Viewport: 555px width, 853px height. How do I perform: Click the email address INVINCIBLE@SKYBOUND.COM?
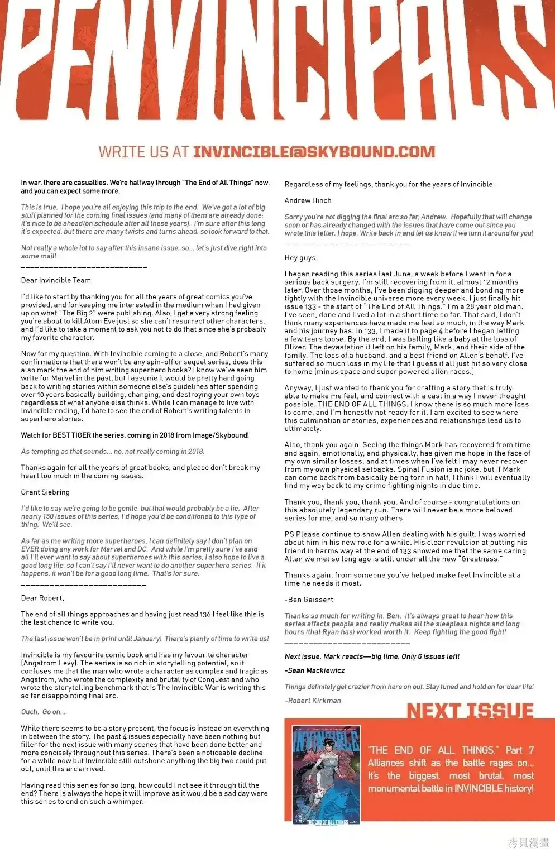pyautogui.click(x=314, y=152)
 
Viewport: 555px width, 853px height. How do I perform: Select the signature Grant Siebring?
pyautogui.click(x=45, y=492)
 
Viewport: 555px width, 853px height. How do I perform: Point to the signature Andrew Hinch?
pyautogui.click(x=308, y=200)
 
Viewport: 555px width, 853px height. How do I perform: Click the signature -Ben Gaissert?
pyautogui.click(x=309, y=600)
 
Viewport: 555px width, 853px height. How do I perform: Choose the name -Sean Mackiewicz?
pyautogui.click(x=314, y=670)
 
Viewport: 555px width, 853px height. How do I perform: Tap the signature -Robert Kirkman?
pyautogui.click(x=313, y=701)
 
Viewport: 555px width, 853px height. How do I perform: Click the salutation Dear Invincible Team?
pyautogui.click(x=56, y=280)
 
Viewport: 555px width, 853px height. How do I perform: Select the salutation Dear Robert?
pyautogui.click(x=42, y=598)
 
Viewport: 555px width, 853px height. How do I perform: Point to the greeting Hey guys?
pyautogui.click(x=301, y=258)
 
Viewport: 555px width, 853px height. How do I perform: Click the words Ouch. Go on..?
pyautogui.click(x=43, y=712)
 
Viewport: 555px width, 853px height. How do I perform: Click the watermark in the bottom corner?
pyautogui.click(x=528, y=842)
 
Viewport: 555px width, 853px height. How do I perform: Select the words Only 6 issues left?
pyautogui.click(x=430, y=656)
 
